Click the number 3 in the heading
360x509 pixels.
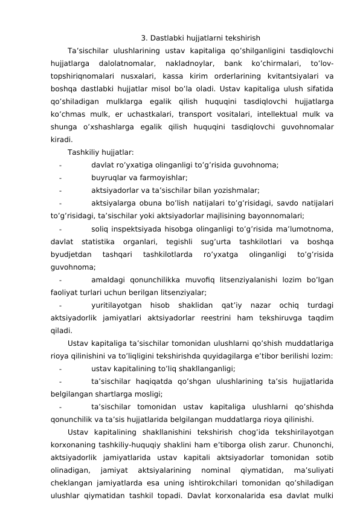143,37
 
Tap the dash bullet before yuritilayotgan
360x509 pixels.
61,304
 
